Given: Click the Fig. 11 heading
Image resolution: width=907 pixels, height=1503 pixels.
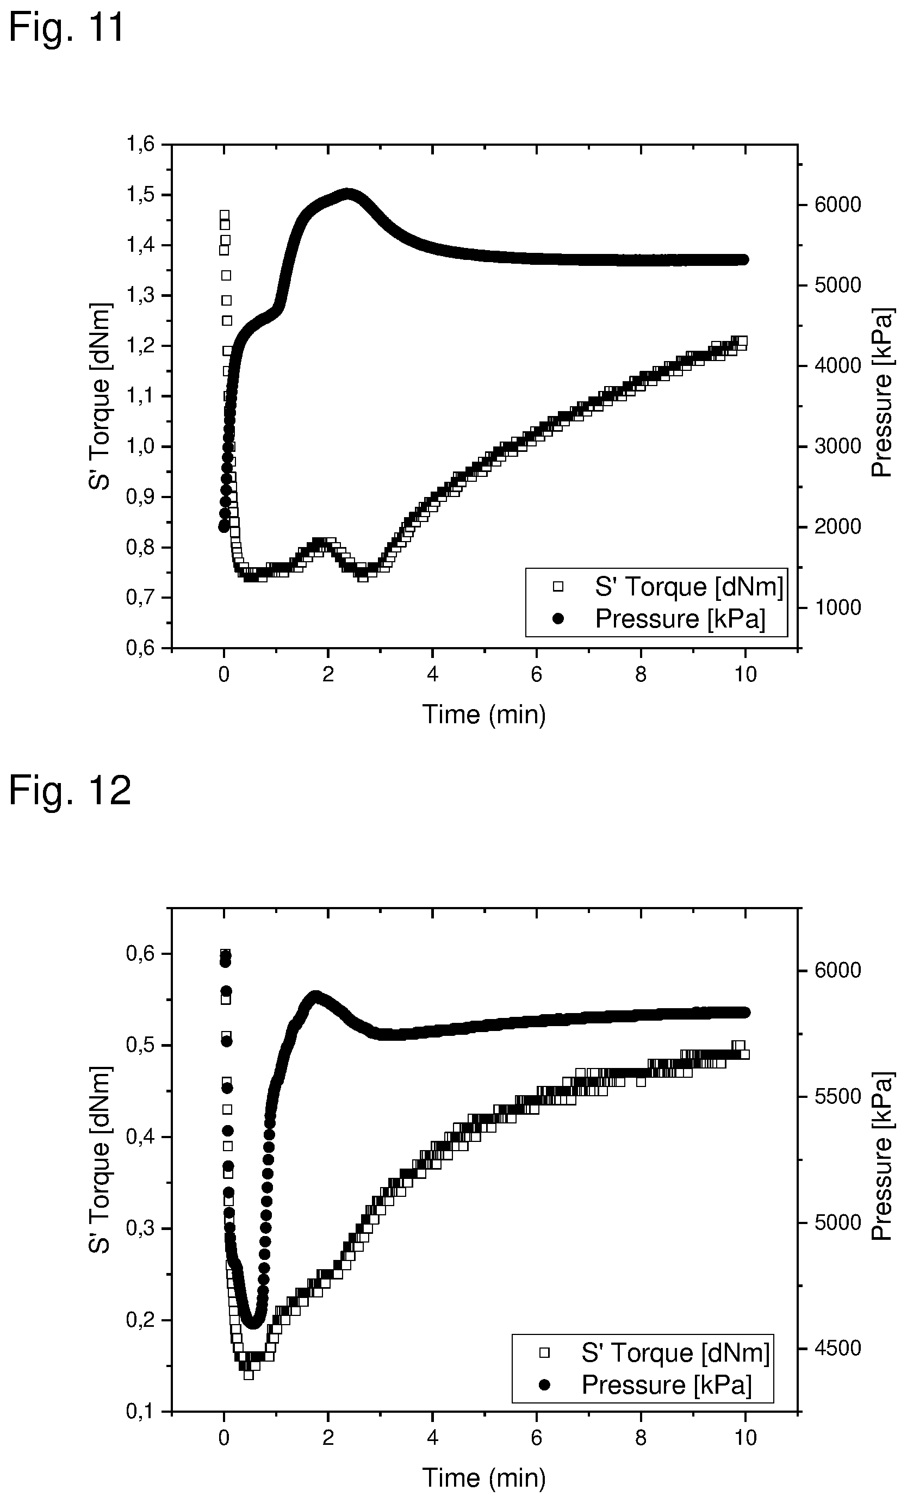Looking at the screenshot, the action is [66, 27].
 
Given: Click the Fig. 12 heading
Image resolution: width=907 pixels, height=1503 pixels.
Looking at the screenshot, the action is [70, 791].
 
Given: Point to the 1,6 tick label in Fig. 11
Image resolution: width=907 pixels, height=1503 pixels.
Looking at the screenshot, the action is [140, 145].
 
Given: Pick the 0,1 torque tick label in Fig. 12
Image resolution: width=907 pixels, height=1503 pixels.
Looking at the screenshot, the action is [140, 1412].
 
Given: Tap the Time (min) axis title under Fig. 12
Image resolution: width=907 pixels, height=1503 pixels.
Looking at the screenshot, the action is [484, 1478].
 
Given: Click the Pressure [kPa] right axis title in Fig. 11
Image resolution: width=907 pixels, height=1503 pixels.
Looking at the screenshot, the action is [882, 393].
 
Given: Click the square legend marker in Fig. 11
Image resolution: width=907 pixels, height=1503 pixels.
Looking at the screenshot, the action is [557, 587].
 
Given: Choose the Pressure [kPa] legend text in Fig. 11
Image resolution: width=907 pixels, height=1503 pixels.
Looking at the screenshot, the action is [680, 619].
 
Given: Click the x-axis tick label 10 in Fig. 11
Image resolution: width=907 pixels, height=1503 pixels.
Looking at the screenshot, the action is [746, 675].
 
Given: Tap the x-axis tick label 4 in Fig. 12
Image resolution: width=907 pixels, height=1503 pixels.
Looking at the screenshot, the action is [432, 1438].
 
